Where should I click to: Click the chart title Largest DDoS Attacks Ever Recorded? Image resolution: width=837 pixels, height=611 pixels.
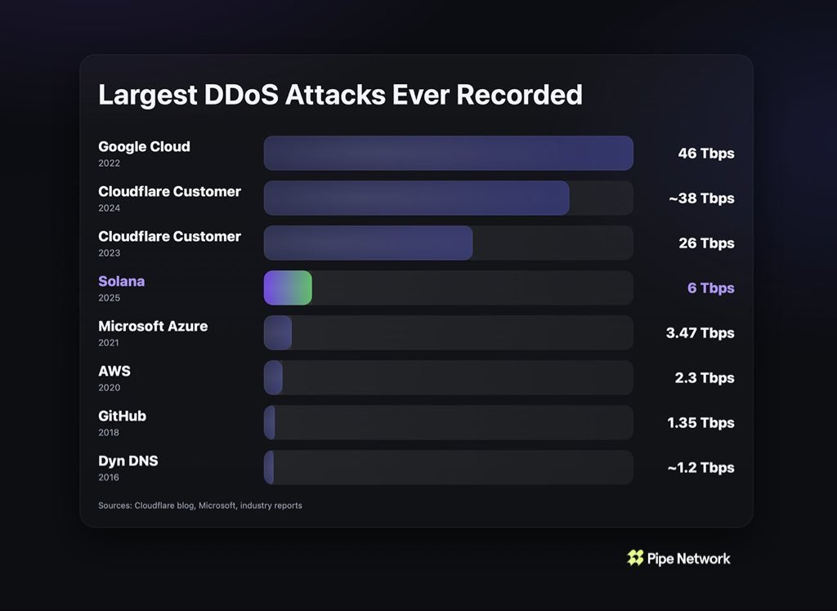[x=340, y=95]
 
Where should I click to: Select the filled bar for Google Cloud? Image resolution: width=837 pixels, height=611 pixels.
[x=448, y=154]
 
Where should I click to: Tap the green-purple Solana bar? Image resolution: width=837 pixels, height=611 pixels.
[x=288, y=288]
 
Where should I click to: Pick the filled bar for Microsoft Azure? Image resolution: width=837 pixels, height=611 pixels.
[x=278, y=333]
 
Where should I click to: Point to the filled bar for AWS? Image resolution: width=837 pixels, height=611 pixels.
[x=274, y=378]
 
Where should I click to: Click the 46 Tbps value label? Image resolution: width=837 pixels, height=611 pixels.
[x=705, y=154]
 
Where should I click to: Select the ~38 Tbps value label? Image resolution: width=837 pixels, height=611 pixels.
[x=700, y=198]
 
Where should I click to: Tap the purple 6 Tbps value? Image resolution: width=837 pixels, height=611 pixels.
[x=710, y=288]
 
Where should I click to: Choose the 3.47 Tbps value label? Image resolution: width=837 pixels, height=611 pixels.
[x=700, y=333]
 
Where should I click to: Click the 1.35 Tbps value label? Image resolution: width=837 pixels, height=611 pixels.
[x=700, y=423]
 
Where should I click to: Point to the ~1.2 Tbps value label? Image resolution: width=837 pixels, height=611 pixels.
[x=700, y=468]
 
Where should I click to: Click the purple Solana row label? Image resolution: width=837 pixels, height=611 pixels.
[x=121, y=281]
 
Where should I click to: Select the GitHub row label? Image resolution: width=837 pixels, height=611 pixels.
[x=122, y=416]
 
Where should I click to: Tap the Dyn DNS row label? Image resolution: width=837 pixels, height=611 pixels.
[x=128, y=461]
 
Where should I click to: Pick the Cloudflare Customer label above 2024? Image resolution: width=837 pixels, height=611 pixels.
[x=169, y=191]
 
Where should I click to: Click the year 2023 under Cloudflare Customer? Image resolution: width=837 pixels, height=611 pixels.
[x=109, y=253]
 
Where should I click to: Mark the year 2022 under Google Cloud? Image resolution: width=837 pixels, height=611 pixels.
[x=109, y=163]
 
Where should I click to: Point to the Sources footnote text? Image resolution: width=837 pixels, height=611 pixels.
[x=200, y=506]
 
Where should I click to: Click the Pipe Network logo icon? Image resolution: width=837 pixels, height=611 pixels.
[x=635, y=558]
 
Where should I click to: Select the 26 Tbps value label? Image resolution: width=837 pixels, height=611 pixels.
[x=705, y=243]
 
